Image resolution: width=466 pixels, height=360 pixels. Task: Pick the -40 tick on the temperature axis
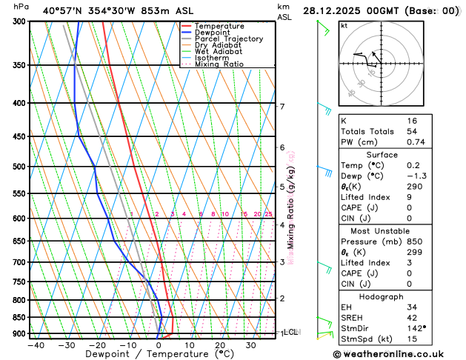pyautogui.click(x=36, y=345)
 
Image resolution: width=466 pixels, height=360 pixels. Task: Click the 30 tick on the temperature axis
pyautogui.click(x=250, y=345)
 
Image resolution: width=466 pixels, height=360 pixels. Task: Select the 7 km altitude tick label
pyautogui.click(x=282, y=107)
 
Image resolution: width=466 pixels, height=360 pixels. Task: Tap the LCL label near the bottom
pyautogui.click(x=290, y=333)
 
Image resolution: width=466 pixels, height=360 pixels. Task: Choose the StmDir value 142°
pyautogui.click(x=416, y=327)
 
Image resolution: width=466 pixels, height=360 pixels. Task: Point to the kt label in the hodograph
pyautogui.click(x=344, y=25)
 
